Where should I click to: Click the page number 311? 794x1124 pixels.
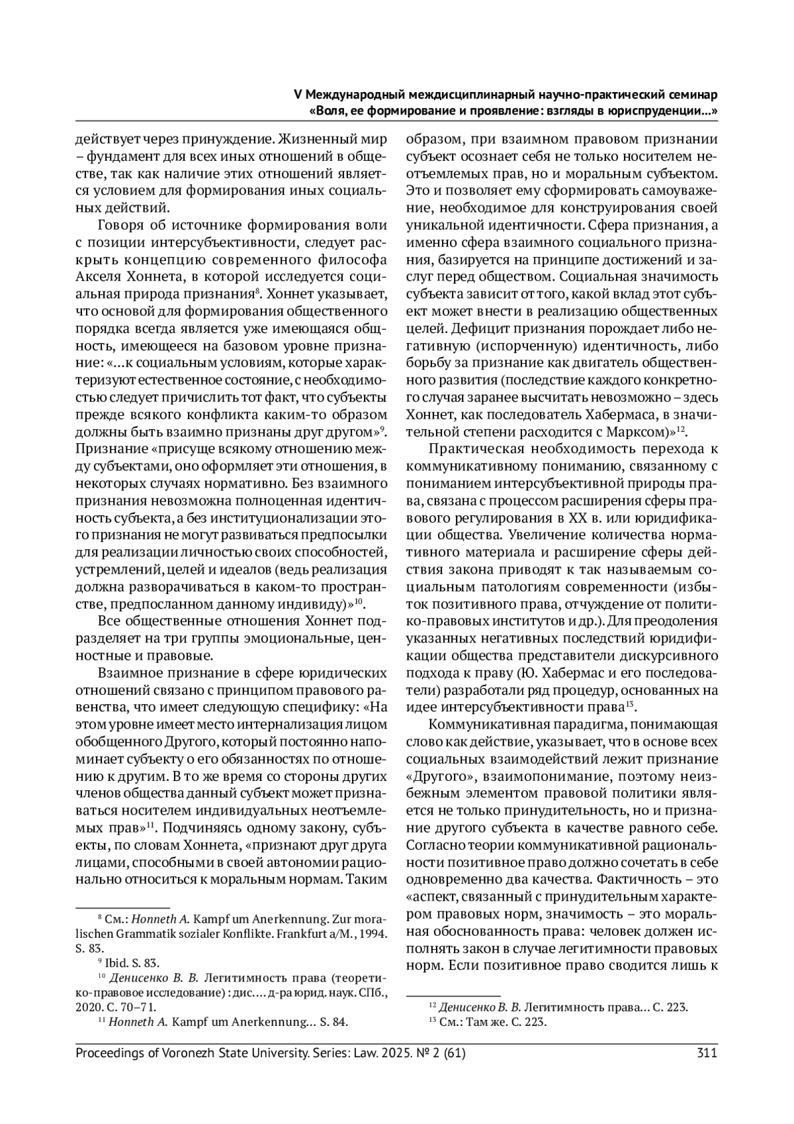click(x=707, y=1052)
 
